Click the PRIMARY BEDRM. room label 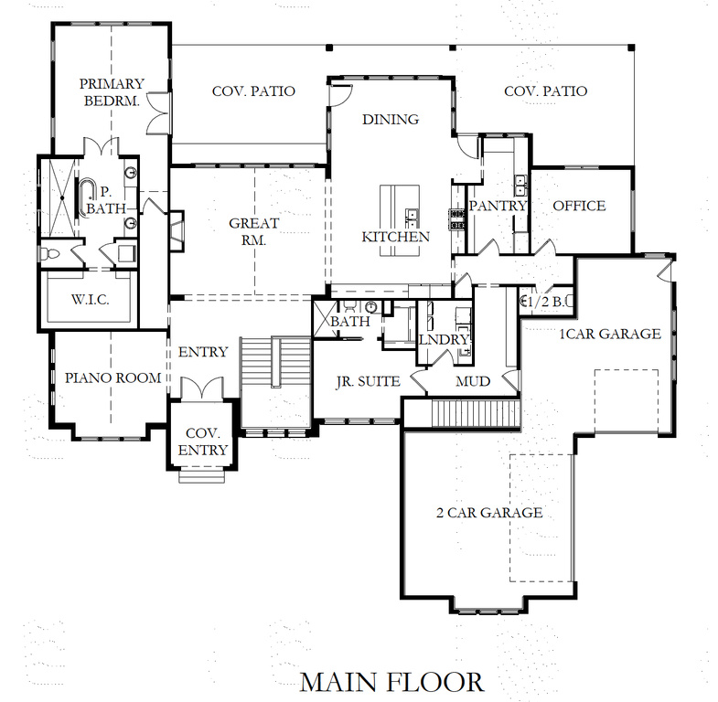[x=109, y=91]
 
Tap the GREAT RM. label [x=247, y=232]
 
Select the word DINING [x=390, y=119]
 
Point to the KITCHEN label [x=395, y=237]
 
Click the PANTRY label [x=498, y=207]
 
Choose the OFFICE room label [x=579, y=206]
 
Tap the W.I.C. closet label [x=91, y=299]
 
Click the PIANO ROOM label [x=113, y=378]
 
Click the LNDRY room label [x=444, y=340]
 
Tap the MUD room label [x=472, y=380]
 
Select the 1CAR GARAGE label [x=610, y=334]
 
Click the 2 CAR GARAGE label [x=488, y=512]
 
